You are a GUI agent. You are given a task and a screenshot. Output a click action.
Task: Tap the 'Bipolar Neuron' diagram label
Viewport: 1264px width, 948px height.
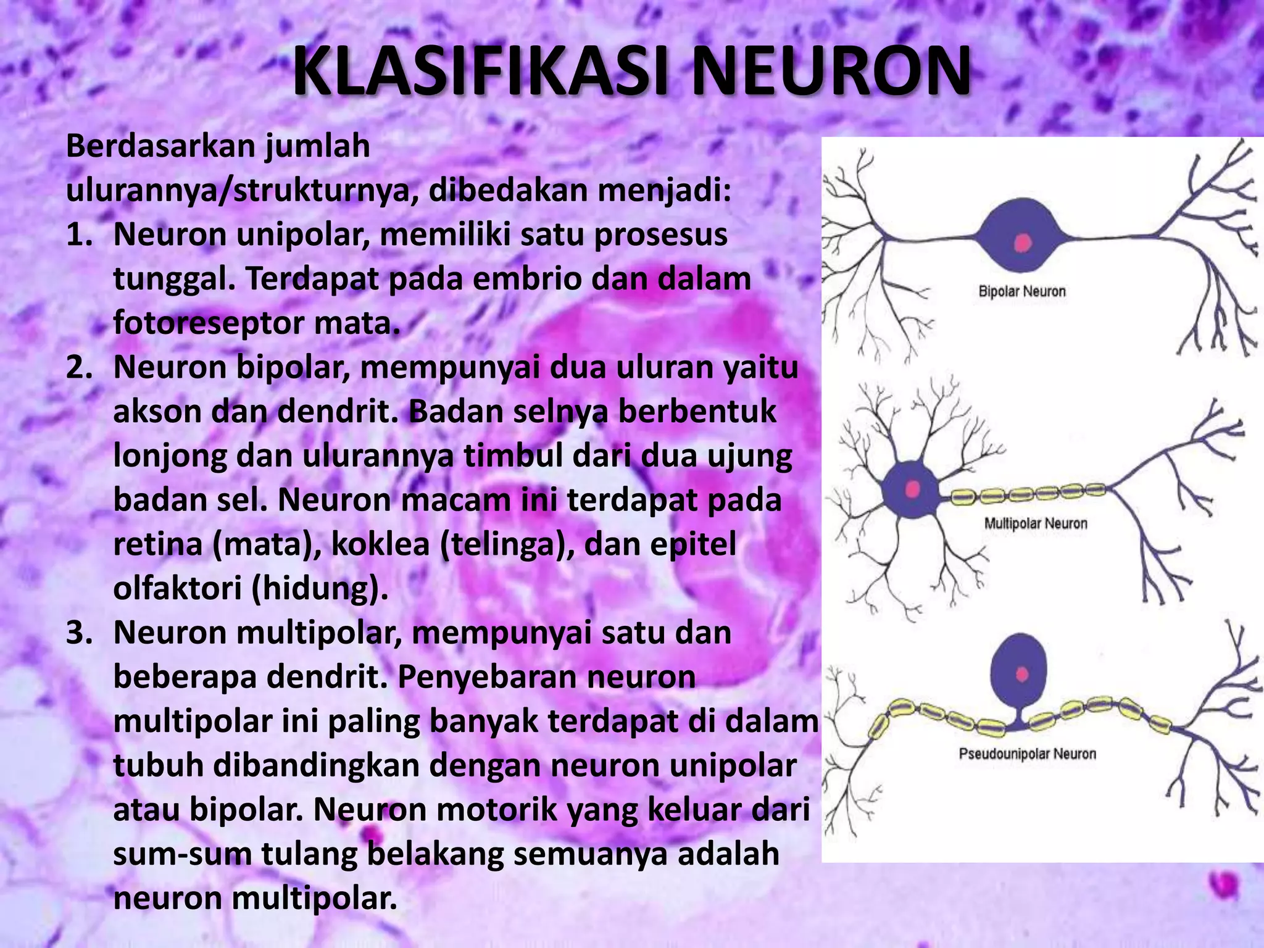click(x=1022, y=291)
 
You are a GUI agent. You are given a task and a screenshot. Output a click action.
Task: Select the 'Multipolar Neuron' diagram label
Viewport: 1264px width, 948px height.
click(x=1035, y=524)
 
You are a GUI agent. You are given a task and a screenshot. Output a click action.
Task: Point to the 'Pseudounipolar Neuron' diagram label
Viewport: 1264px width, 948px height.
click(x=1027, y=754)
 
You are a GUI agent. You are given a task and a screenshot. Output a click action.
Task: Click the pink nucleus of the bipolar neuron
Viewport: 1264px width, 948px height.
click(x=1023, y=243)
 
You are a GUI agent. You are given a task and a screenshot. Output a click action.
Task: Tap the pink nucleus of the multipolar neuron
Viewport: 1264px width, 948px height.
click(x=913, y=489)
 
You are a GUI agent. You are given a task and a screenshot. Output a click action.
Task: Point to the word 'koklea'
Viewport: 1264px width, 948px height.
click(x=380, y=545)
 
